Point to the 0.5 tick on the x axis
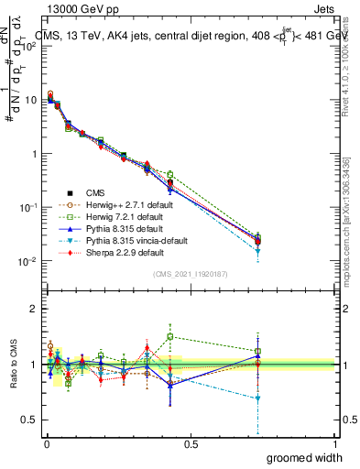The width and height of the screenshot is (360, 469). (191, 444)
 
